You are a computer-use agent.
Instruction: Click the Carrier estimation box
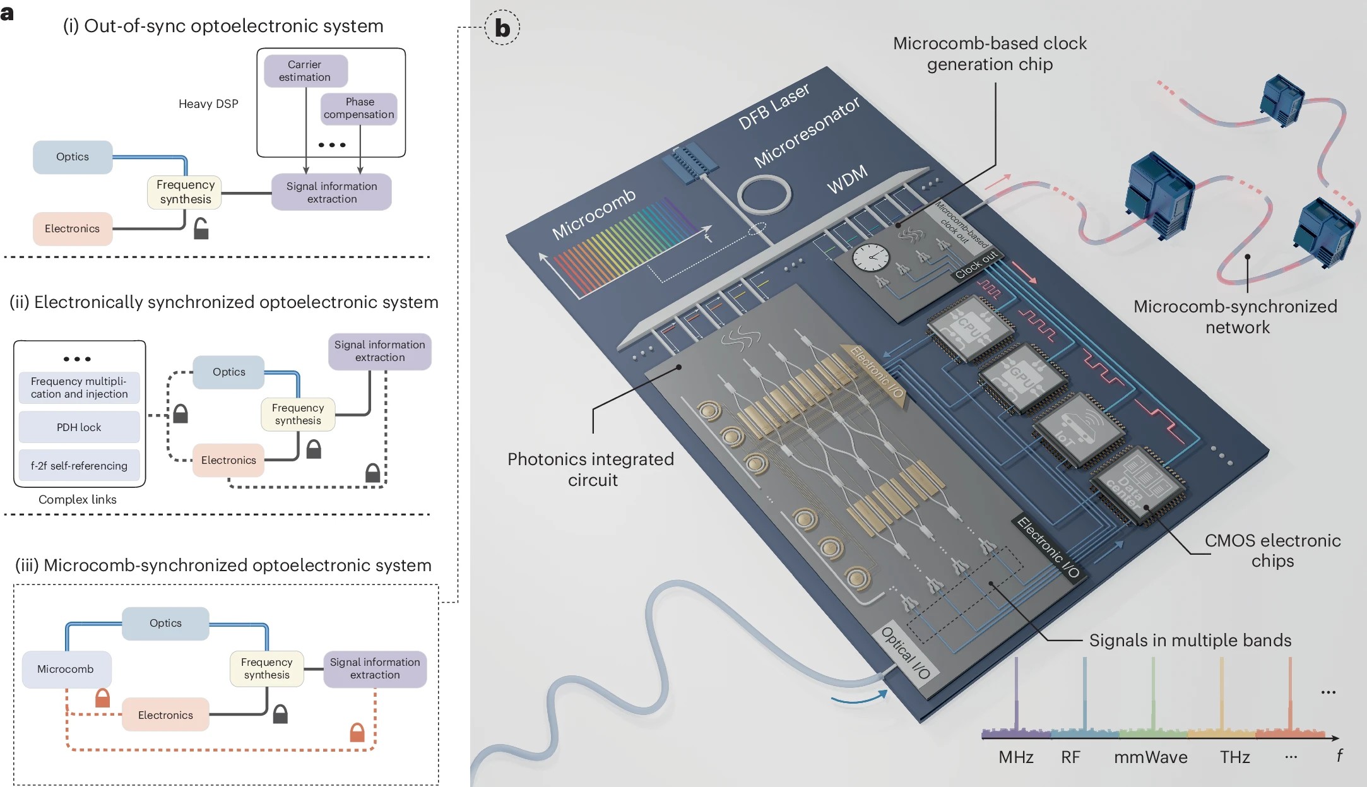(305, 71)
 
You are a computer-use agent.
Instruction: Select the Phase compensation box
(359, 109)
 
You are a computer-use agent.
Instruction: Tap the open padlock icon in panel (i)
(201, 228)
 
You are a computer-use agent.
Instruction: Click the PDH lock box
(79, 427)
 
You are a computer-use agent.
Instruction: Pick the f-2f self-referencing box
(79, 466)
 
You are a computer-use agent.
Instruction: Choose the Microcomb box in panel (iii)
(66, 669)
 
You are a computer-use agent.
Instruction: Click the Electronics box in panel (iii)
(165, 714)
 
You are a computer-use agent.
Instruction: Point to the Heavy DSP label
(208, 104)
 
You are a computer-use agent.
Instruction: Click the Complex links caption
(78, 499)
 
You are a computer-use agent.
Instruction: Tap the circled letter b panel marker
(502, 28)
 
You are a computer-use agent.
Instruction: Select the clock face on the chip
(871, 257)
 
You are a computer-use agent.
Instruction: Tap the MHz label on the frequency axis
(1016, 757)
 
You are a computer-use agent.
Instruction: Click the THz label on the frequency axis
(1235, 757)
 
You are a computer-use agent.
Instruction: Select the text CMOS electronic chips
(1272, 550)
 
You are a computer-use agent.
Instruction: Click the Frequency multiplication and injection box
(79, 388)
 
